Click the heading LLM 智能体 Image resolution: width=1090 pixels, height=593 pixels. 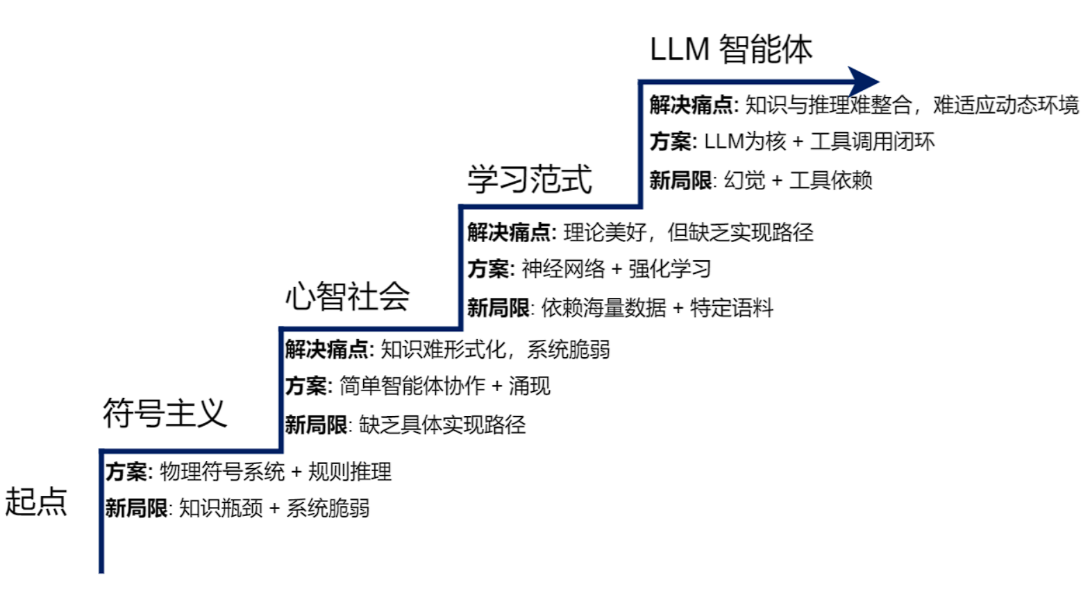point(730,49)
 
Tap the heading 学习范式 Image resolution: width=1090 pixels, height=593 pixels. point(529,180)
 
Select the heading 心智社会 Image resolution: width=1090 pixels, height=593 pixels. point(347,297)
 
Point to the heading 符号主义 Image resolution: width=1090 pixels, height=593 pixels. point(165,413)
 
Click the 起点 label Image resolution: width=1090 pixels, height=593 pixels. point(36,501)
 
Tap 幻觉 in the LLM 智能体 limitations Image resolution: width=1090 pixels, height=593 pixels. point(744,180)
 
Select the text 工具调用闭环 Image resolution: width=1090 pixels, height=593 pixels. point(872,141)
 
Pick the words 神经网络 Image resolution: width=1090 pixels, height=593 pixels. point(563,268)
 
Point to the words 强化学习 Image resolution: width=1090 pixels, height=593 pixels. point(669,268)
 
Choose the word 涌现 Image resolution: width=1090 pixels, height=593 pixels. point(529,386)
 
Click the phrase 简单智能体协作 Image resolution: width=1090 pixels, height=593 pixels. point(412,386)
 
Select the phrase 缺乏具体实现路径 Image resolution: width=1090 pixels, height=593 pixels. point(442,424)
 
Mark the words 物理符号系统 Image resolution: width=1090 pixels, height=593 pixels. point(222,472)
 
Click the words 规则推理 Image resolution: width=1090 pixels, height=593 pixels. point(349,472)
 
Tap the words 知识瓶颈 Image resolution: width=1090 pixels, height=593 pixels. point(221,508)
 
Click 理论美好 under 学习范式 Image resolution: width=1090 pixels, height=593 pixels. point(605,232)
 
